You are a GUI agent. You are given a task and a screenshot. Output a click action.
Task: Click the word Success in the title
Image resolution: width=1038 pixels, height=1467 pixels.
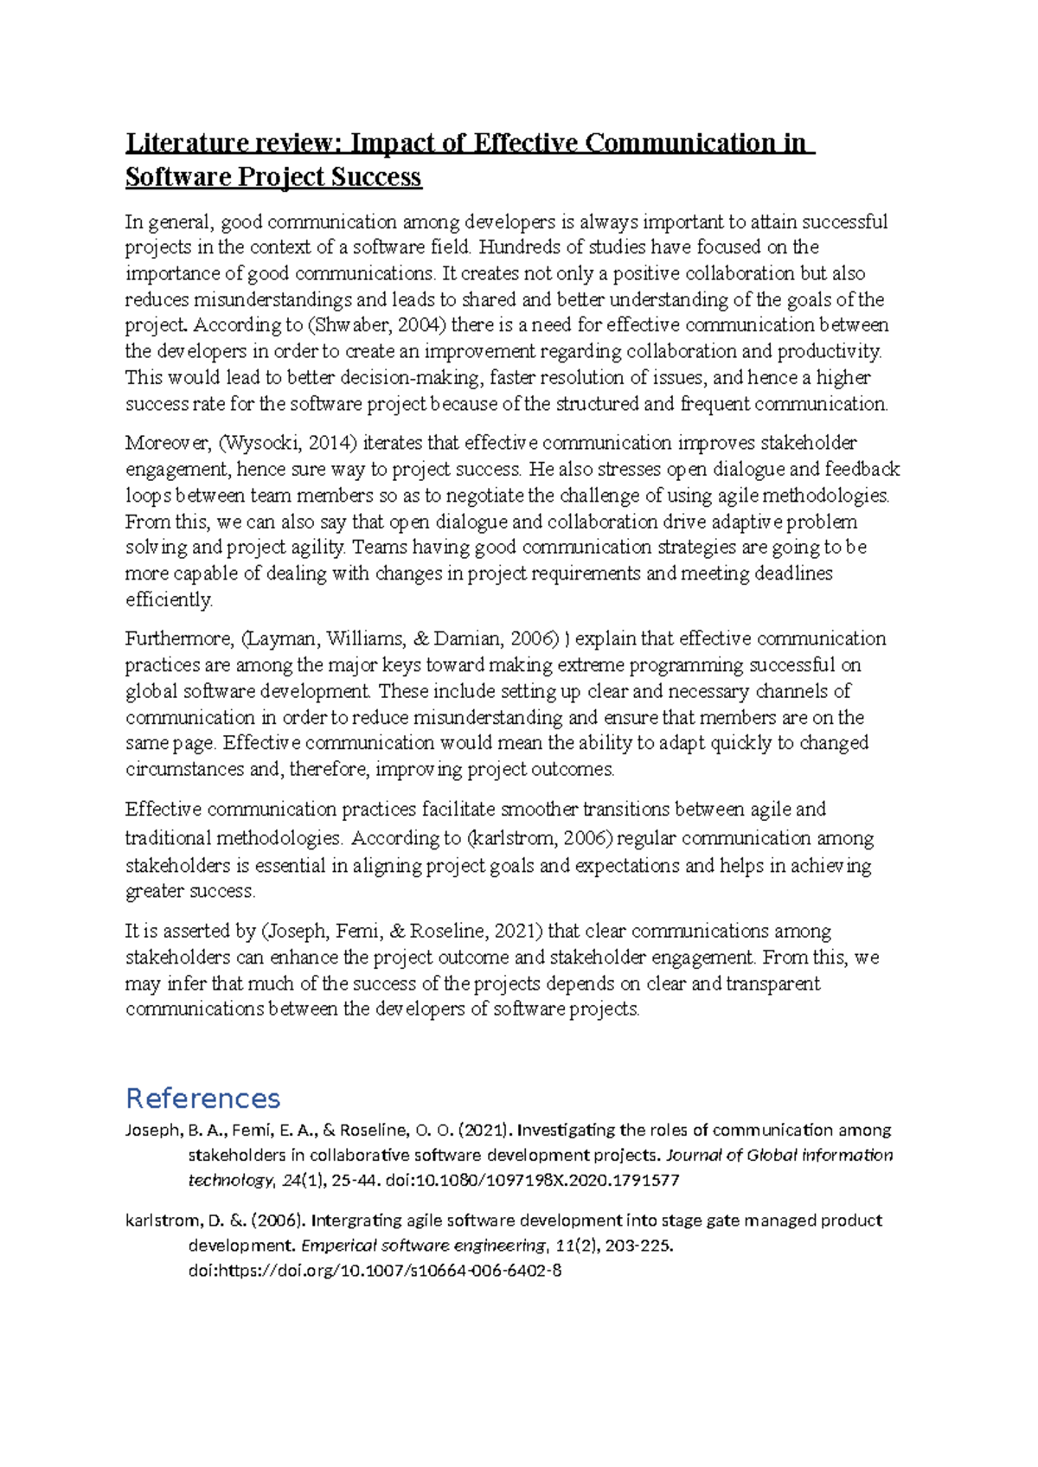tap(375, 177)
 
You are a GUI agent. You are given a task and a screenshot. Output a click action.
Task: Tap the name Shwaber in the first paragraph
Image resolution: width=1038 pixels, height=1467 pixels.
tap(350, 325)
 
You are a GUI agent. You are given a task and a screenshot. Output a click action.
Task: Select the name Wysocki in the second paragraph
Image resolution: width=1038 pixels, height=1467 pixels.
tap(260, 443)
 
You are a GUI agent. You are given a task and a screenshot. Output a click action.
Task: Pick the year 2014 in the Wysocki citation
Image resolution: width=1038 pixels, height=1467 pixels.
tap(329, 443)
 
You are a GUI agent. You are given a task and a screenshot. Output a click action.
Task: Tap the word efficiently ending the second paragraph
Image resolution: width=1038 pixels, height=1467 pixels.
tap(169, 599)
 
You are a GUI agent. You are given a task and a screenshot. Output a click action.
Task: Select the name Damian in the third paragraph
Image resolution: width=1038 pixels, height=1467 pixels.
tap(468, 639)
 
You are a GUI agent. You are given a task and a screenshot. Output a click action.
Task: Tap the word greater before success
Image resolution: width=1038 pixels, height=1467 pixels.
tap(155, 891)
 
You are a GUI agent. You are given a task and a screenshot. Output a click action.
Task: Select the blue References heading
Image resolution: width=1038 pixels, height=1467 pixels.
tap(202, 1099)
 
